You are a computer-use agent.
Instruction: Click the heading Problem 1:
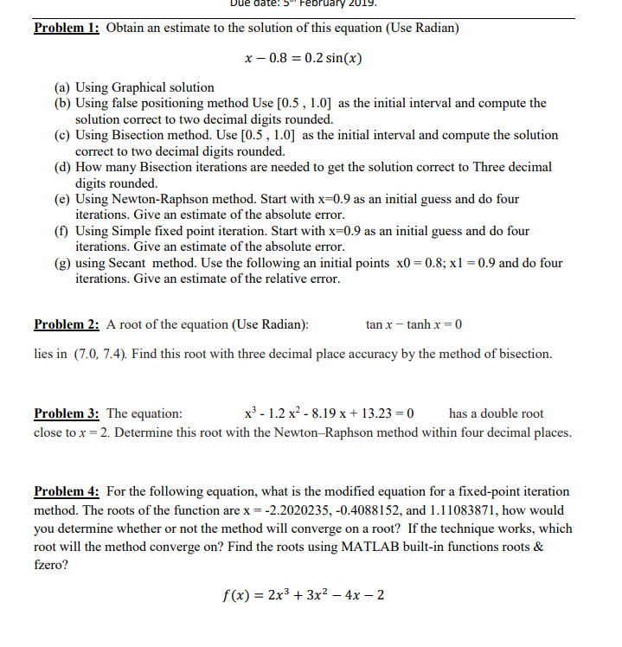click(67, 28)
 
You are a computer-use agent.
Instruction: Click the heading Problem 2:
click(67, 325)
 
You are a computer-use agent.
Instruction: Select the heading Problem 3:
click(67, 413)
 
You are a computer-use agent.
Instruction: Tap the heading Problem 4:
click(67, 491)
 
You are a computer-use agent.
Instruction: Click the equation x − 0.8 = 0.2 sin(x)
click(302, 59)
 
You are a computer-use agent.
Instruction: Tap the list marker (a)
click(63, 87)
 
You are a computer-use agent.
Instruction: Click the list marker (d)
click(63, 168)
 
